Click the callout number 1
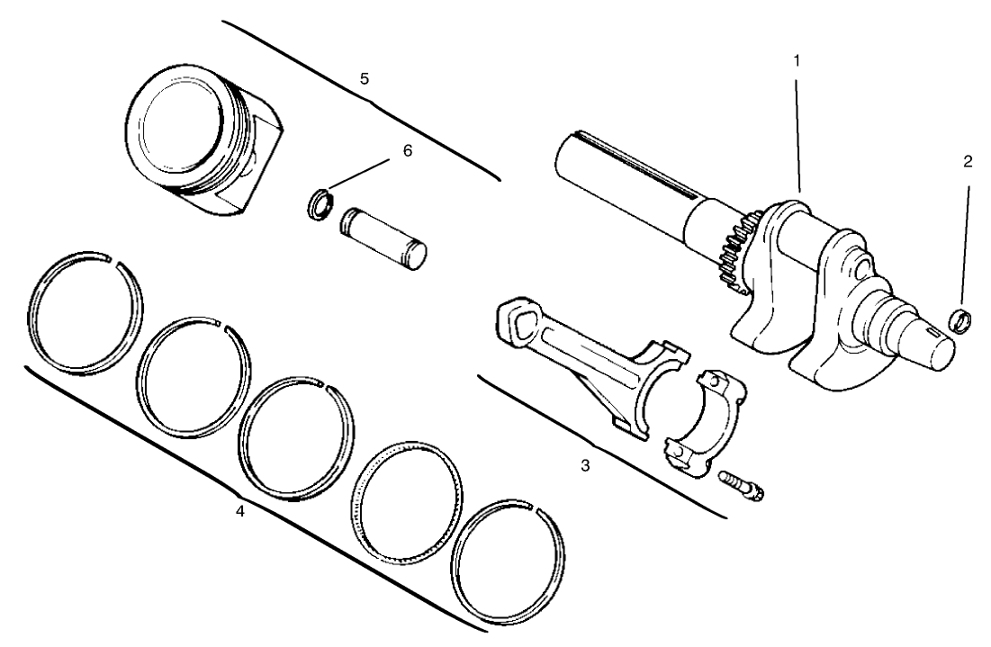click(x=797, y=60)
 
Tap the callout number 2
click(x=967, y=162)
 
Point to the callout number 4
click(x=239, y=510)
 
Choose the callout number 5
click(x=364, y=79)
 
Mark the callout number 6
click(x=407, y=151)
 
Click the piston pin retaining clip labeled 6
click(x=318, y=204)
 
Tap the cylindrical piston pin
click(x=383, y=238)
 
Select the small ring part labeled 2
click(x=962, y=319)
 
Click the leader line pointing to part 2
click(x=966, y=243)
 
